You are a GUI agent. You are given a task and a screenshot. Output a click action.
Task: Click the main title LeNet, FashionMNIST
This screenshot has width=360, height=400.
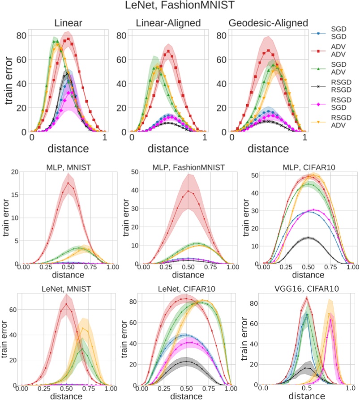pyautogui.click(x=180, y=7)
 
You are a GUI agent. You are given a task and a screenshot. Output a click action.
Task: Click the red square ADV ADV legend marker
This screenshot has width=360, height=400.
pyautogui.click(x=317, y=52)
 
